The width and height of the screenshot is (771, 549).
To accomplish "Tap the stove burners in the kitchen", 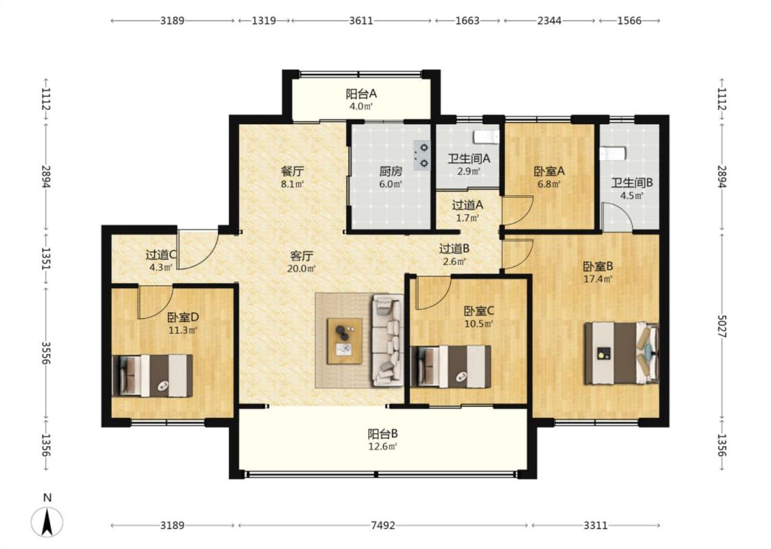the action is [x=422, y=155].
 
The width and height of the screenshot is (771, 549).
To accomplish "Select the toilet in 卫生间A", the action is [x=486, y=137].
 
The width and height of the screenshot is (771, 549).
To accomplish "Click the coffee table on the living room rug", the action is [x=345, y=341].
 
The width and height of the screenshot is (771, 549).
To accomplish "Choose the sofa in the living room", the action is [x=387, y=340].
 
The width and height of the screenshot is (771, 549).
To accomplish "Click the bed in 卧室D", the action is [x=152, y=375].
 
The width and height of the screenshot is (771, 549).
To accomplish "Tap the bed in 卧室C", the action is [x=450, y=366].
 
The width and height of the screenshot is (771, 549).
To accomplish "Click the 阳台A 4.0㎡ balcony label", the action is [x=361, y=100].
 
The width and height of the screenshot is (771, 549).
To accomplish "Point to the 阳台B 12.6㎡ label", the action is [x=382, y=440].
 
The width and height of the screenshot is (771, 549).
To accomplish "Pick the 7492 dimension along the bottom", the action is [x=382, y=526].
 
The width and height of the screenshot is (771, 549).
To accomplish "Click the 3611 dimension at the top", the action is [x=361, y=21].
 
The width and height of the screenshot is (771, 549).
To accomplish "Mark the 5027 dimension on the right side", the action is [x=722, y=326].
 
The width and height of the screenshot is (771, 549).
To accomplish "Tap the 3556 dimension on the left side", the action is [x=47, y=353].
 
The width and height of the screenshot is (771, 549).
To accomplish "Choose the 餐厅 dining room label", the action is [x=292, y=172].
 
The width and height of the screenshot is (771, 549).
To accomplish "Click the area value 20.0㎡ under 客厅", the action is [x=301, y=269].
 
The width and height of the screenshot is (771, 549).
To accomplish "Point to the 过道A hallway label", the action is [x=467, y=205].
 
